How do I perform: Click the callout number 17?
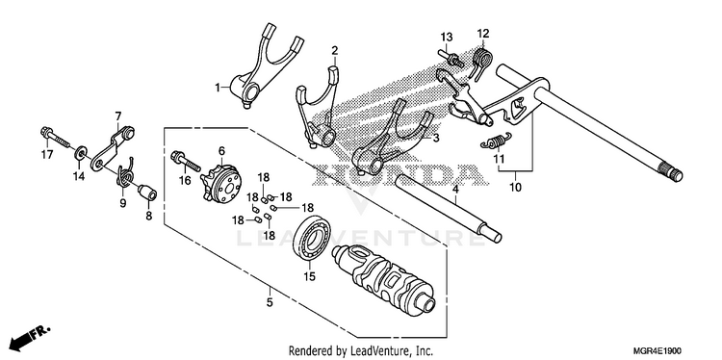(47, 155)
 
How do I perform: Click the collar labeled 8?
(148, 193)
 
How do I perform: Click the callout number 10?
(516, 188)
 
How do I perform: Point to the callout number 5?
(270, 302)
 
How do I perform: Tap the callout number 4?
(455, 188)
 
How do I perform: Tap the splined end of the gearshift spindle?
(673, 173)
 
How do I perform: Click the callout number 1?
(218, 88)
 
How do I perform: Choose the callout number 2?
(335, 50)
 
